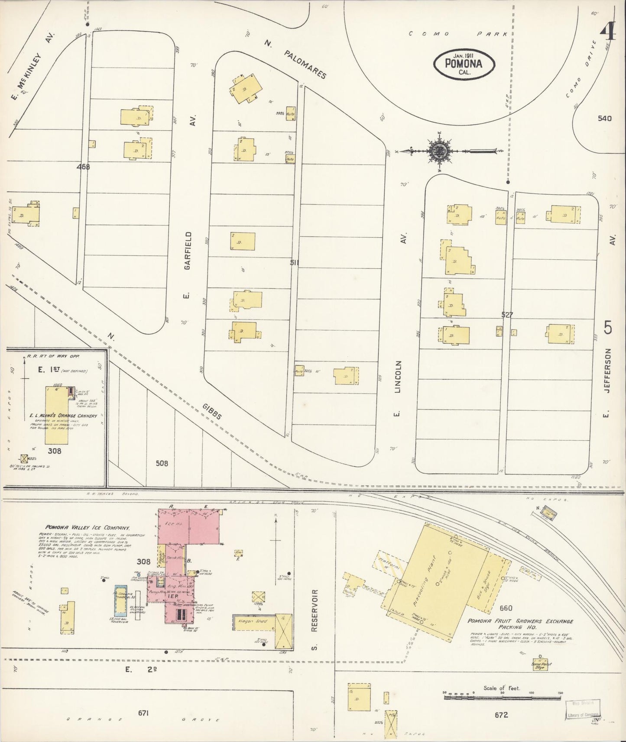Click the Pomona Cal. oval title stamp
coord(464,64)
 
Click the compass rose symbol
coord(440,151)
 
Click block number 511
coord(295,262)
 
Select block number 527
coord(506,315)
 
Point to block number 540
coord(604,118)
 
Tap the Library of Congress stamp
coord(583,708)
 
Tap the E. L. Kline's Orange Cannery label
coord(63,416)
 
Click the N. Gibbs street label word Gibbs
coord(212,410)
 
